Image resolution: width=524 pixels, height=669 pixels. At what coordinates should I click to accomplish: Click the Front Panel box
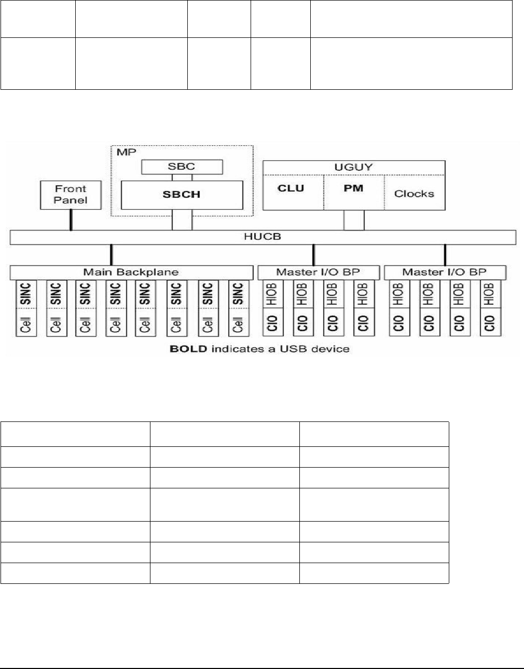pyautogui.click(x=71, y=195)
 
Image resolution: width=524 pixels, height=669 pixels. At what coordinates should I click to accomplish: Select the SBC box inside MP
pyautogui.click(x=182, y=167)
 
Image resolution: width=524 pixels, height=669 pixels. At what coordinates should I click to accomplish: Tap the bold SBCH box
pyautogui.click(x=182, y=195)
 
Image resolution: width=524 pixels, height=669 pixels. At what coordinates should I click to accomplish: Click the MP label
pyautogui.click(x=127, y=153)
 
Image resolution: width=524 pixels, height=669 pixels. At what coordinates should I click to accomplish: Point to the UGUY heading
pyautogui.click(x=353, y=167)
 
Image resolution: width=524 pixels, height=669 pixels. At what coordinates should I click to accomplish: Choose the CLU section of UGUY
pyautogui.click(x=291, y=189)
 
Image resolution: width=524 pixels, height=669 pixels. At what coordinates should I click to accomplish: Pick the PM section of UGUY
pyautogui.click(x=353, y=189)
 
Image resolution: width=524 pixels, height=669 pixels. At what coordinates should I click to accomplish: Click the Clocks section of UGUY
pyautogui.click(x=414, y=194)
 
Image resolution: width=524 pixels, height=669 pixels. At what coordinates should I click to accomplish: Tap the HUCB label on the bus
pyautogui.click(x=263, y=237)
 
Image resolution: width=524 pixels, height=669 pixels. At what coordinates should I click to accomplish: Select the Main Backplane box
pyautogui.click(x=131, y=272)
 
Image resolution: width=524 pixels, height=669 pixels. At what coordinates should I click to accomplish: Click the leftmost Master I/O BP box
pyautogui.click(x=318, y=272)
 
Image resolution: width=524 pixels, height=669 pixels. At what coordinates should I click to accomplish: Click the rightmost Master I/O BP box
pyautogui.click(x=445, y=272)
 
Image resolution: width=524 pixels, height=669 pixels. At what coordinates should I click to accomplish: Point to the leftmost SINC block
pyautogui.click(x=26, y=294)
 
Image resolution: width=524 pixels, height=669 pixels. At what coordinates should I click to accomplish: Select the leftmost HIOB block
pyautogui.click(x=272, y=294)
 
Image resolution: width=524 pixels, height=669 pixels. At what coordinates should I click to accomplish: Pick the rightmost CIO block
pyautogui.click(x=489, y=323)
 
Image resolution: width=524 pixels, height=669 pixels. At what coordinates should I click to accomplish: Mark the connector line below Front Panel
pyautogui.click(x=71, y=220)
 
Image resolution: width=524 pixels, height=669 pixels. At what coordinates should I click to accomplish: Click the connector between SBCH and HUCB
pyautogui.click(x=182, y=220)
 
